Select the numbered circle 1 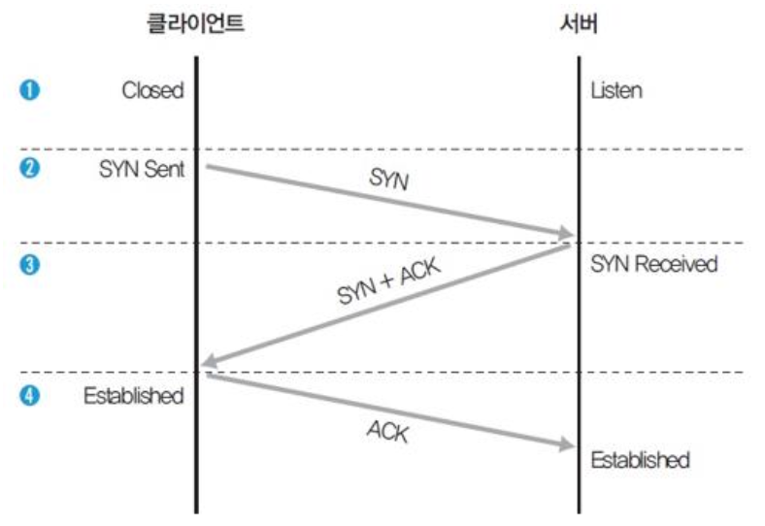pyautogui.click(x=29, y=90)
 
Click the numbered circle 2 pyautogui.click(x=29, y=168)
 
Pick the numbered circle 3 pyautogui.click(x=29, y=263)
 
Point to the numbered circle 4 pyautogui.click(x=29, y=395)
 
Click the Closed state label pyautogui.click(x=152, y=90)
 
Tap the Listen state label pyautogui.click(x=616, y=90)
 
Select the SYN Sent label pyautogui.click(x=141, y=168)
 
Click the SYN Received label pyautogui.click(x=653, y=263)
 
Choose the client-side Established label pyautogui.click(x=133, y=395)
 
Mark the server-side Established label pyautogui.click(x=640, y=459)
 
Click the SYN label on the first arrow pyautogui.click(x=388, y=180)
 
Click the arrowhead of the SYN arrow pyautogui.click(x=566, y=234)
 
